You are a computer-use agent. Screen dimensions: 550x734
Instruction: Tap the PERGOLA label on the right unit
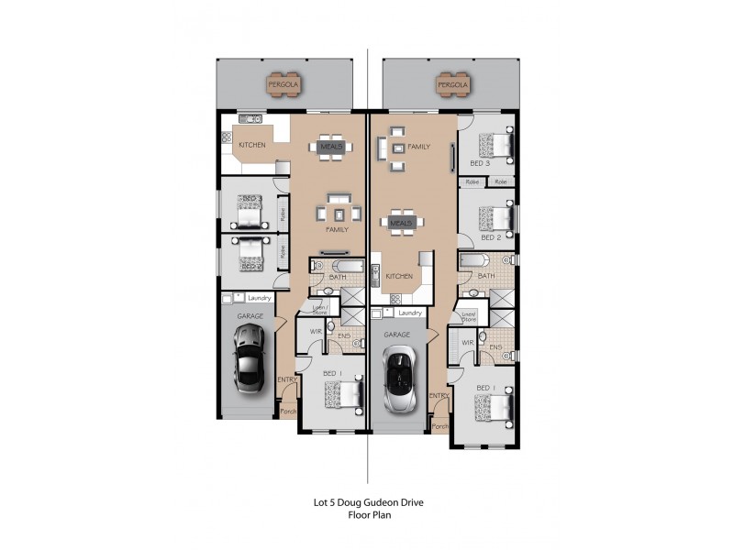(x=452, y=85)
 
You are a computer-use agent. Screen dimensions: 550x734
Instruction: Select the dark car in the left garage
(x=248, y=365)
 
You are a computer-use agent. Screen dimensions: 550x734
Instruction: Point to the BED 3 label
(x=480, y=163)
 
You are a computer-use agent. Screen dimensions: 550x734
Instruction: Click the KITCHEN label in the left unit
(x=252, y=146)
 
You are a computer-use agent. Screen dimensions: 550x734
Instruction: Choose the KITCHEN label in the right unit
(x=398, y=275)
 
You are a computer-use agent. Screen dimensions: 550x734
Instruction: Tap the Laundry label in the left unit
(x=259, y=297)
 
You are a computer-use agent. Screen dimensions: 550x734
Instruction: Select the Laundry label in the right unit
(x=410, y=313)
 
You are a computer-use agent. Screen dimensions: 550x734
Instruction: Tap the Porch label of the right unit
(x=439, y=426)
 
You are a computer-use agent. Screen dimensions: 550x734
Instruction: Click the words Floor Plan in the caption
(x=370, y=516)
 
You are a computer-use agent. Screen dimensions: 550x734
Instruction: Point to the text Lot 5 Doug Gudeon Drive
(x=370, y=502)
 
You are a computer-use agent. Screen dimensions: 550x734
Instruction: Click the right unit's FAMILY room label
(x=419, y=146)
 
